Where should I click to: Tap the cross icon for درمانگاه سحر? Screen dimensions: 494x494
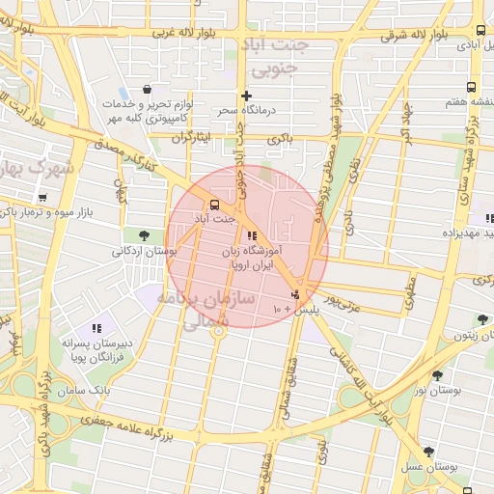pos(247,96)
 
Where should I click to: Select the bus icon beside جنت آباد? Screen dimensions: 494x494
pos(214,205)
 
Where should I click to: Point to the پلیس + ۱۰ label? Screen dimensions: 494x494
pos(292,309)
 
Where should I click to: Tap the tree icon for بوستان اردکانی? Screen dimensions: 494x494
pos(144,234)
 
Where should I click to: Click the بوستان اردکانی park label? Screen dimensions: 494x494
pos(146,252)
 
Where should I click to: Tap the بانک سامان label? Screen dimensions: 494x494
pos(115,390)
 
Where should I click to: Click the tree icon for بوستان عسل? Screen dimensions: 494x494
pos(428,451)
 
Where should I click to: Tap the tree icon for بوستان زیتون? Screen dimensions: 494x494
pos(481,319)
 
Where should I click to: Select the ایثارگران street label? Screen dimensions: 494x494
pos(190,138)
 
